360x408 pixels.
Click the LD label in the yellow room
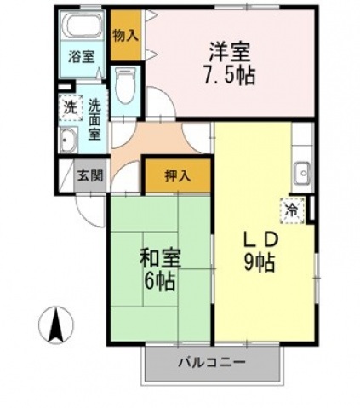click(256, 238)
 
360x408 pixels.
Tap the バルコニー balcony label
click(212, 362)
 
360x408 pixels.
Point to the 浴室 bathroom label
click(82, 58)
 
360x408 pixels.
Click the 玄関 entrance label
click(89, 175)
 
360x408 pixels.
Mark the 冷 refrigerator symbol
click(292, 207)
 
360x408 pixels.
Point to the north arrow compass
click(57, 324)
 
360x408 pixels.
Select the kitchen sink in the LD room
click(302, 174)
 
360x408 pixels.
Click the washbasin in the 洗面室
click(67, 141)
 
